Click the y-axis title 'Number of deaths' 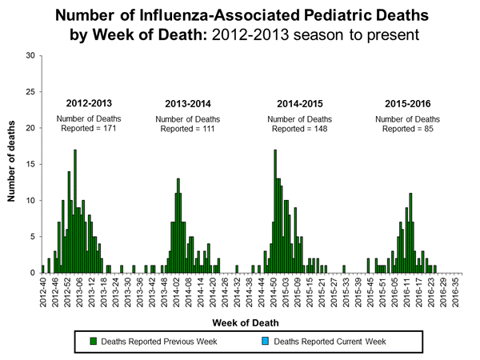[13, 163]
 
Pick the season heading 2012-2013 [88, 104]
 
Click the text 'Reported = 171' [88, 129]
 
